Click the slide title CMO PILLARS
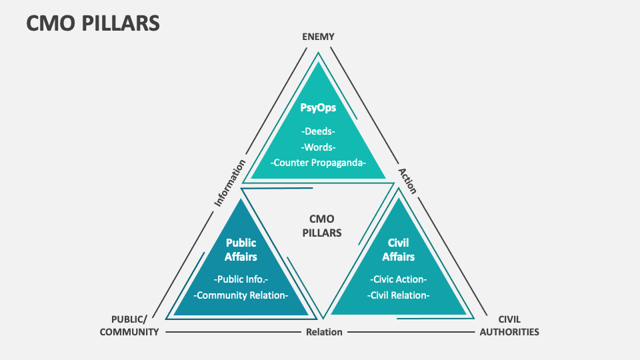[93, 23]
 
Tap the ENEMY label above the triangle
[318, 37]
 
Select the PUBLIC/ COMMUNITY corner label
[129, 325]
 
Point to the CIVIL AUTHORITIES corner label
[509, 325]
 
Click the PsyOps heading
[318, 108]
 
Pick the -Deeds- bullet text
[318, 131]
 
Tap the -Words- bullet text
[318, 147]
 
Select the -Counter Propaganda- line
[318, 163]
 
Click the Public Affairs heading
[241, 249]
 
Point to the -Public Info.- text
[241, 279]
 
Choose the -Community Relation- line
[241, 295]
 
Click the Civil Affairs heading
[398, 249]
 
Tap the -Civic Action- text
[398, 279]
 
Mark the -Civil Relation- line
[398, 295]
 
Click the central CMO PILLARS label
[321, 226]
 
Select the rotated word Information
[229, 182]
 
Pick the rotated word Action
[407, 181]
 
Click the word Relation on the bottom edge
[324, 332]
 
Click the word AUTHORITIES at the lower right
[509, 332]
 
